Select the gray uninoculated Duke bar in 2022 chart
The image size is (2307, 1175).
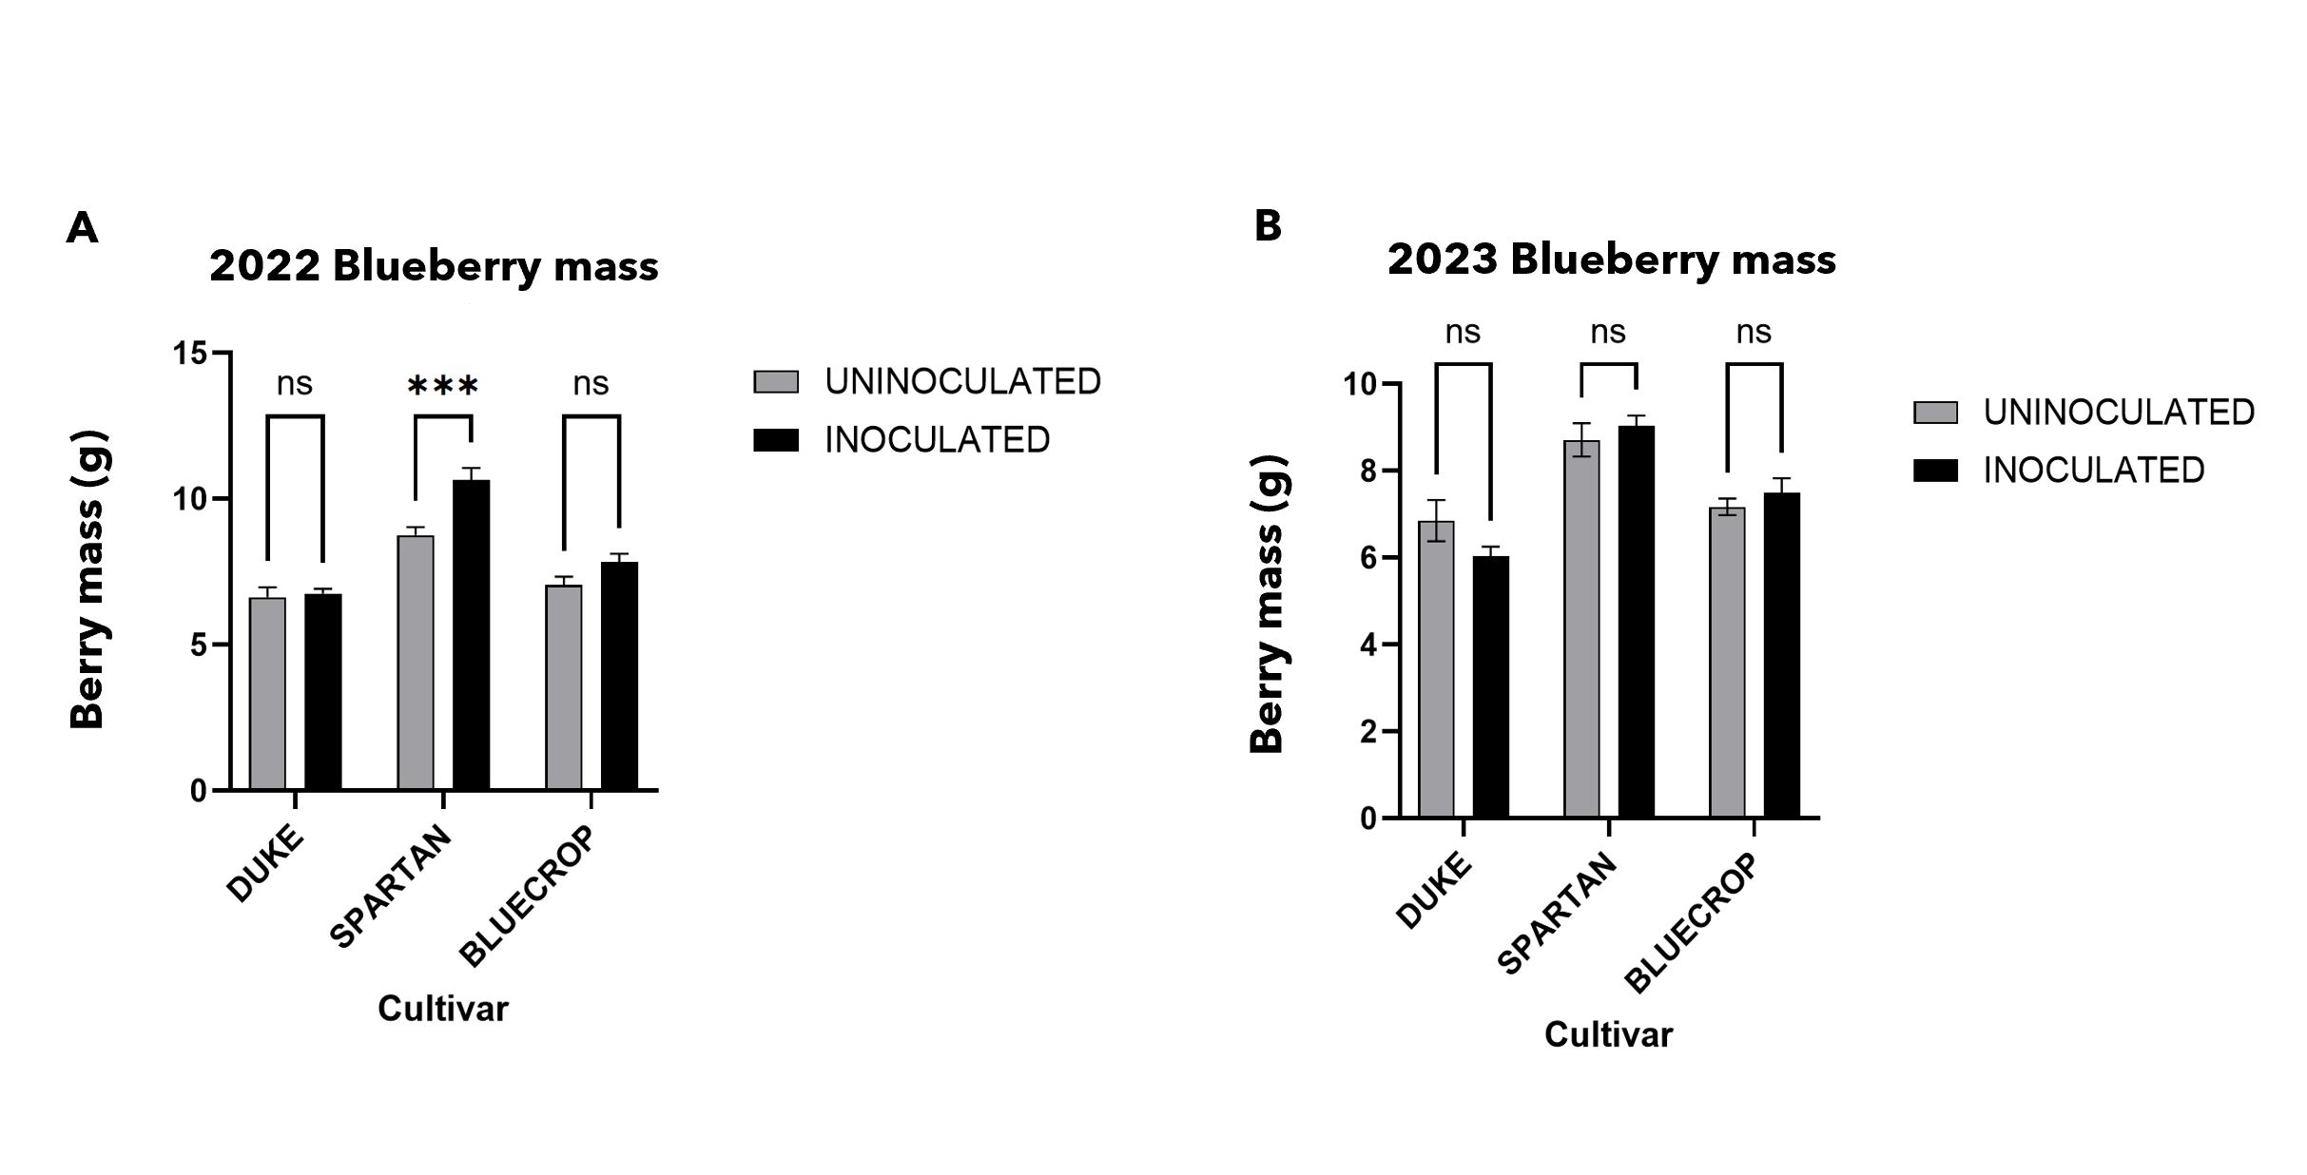coord(267,694)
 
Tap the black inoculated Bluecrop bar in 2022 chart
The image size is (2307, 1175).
coord(619,676)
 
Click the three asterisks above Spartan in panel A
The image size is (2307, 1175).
coord(442,387)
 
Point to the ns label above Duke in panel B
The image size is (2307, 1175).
coord(1463,333)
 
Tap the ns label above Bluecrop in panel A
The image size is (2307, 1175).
coord(591,384)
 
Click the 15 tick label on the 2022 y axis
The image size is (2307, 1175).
coord(189,354)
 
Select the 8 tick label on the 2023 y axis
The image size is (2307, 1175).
coord(1367,472)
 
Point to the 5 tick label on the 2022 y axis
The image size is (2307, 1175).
coord(198,645)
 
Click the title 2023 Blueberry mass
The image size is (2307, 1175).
coord(1611,260)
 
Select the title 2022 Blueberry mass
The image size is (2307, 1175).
coord(434,266)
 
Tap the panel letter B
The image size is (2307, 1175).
coord(1268,226)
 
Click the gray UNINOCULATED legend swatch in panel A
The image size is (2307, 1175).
coord(776,381)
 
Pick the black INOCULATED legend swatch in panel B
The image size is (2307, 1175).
coord(1935,471)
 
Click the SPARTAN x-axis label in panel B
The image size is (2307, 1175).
coord(1557,913)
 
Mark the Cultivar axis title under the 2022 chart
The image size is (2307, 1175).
coord(443,1009)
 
